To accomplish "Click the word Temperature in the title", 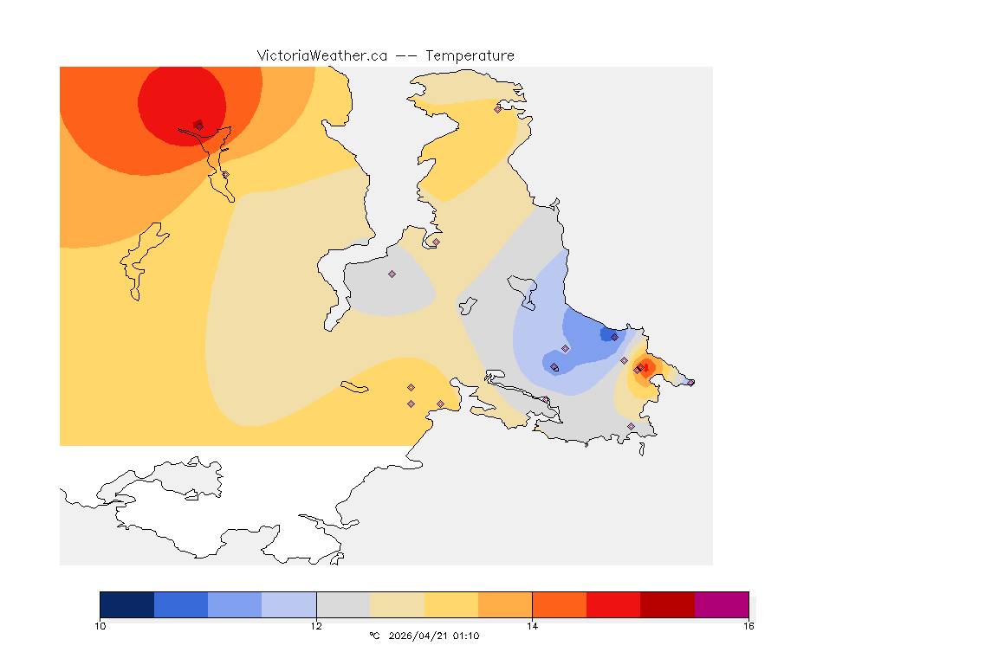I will pos(470,55).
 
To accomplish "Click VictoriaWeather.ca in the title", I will pos(321,55).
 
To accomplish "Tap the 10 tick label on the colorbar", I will pos(100,625).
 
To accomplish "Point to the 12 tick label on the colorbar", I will pos(316,625).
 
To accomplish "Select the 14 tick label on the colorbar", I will pos(532,625).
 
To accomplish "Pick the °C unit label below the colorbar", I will pos(374,636).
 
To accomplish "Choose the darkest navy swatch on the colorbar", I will pos(126,604).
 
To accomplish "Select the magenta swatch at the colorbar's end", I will pos(722,604).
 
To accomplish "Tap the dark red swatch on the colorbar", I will pos(667,604).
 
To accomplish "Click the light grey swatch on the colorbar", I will pos(343,604).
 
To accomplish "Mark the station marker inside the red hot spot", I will pos(199,126).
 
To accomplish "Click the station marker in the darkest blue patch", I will pos(614,337).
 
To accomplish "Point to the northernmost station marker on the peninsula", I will pos(497,109).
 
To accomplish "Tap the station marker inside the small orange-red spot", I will pos(641,369).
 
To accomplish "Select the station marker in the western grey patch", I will pos(392,274).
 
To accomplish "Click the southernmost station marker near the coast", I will pos(631,426).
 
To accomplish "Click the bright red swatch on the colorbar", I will pos(613,604).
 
